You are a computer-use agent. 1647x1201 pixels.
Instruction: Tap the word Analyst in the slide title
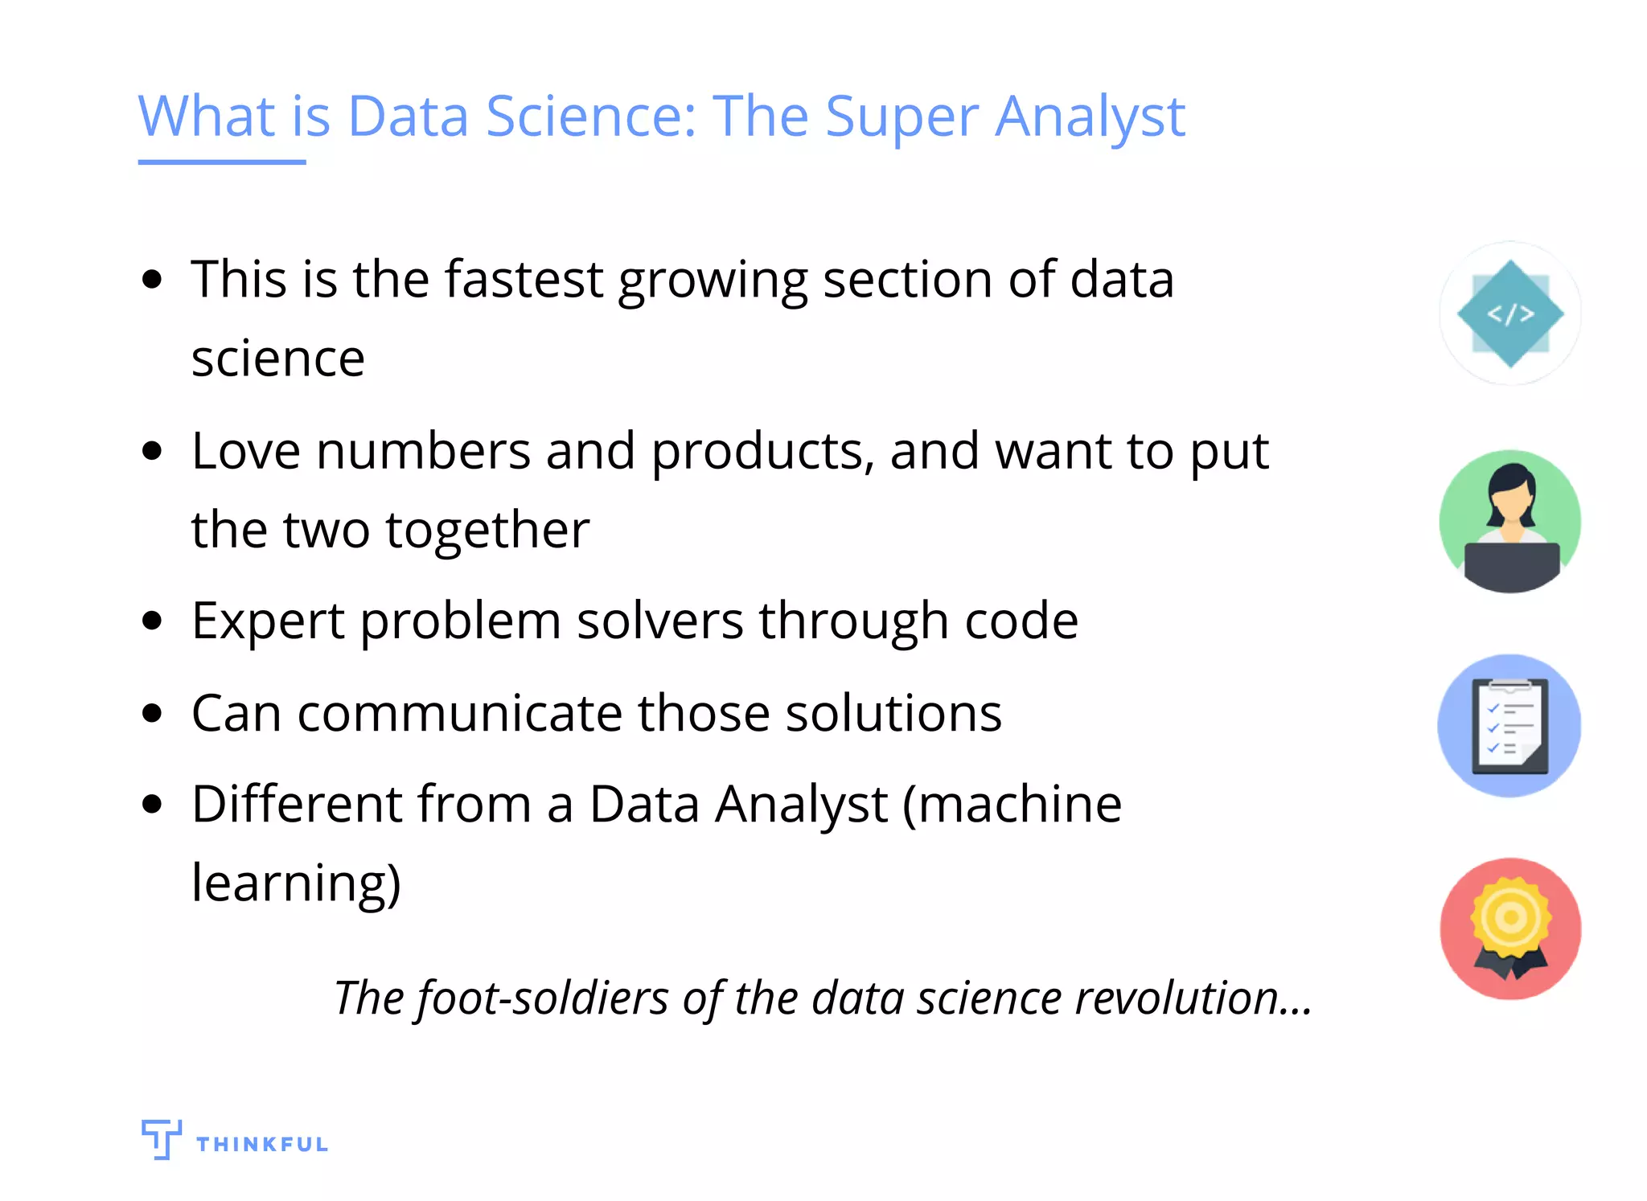click(x=1090, y=117)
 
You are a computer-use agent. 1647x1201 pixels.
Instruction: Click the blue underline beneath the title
click(x=221, y=162)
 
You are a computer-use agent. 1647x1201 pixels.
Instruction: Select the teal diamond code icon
click(x=1509, y=314)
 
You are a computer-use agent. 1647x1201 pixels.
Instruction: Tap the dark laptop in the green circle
click(x=1511, y=565)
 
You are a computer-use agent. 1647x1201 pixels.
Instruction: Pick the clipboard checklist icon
click(x=1509, y=726)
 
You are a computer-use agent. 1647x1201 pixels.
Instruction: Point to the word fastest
click(x=524, y=279)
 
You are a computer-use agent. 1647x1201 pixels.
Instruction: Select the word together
click(x=487, y=531)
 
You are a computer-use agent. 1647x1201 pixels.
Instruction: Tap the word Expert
click(x=269, y=621)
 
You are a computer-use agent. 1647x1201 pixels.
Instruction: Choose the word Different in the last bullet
click(x=296, y=804)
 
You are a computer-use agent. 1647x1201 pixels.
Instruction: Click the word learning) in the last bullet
click(x=296, y=883)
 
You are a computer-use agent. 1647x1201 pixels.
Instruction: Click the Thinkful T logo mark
click(x=161, y=1138)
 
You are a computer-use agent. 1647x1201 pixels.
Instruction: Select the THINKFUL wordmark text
click(x=262, y=1144)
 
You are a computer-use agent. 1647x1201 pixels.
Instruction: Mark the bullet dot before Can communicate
click(x=151, y=712)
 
